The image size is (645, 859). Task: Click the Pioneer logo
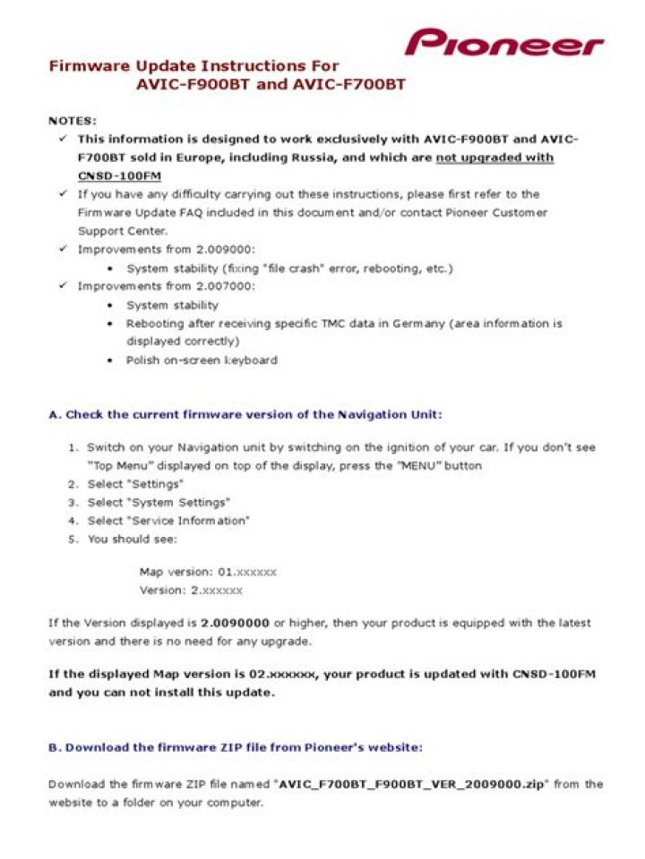pos(503,42)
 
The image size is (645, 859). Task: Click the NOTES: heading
pos(73,121)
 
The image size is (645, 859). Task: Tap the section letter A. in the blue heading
pos(55,414)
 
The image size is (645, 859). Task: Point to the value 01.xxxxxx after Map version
pos(247,571)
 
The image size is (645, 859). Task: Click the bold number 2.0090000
pos(236,623)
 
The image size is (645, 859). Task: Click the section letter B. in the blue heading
pos(54,746)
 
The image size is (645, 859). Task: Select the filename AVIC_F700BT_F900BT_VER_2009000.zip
pos(413,785)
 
